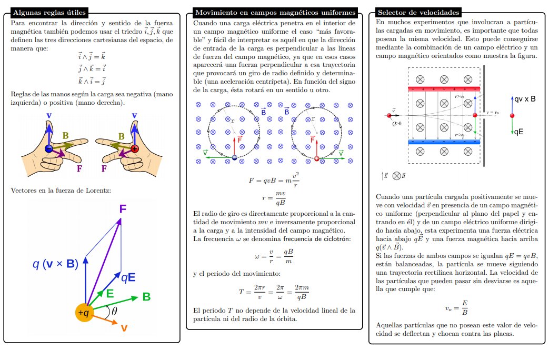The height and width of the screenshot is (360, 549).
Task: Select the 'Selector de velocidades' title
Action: click(418, 12)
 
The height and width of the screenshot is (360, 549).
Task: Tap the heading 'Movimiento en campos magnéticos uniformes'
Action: click(275, 12)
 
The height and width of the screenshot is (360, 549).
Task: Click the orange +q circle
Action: click(85, 313)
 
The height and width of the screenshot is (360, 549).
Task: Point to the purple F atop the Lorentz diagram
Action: click(123, 209)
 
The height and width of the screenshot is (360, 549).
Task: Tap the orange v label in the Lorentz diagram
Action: click(124, 328)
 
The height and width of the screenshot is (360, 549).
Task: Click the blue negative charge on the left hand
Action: click(48, 148)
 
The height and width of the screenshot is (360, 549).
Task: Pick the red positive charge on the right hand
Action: click(134, 148)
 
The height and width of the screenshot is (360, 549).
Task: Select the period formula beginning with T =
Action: click(274, 291)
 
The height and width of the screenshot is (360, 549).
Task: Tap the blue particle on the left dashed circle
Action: click(235, 157)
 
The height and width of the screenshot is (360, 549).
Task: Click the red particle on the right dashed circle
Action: click(316, 158)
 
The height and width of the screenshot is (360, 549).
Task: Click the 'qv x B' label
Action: click(525, 98)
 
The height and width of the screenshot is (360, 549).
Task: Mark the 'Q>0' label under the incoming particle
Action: click(397, 124)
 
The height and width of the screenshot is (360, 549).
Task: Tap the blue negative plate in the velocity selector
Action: click(444, 142)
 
